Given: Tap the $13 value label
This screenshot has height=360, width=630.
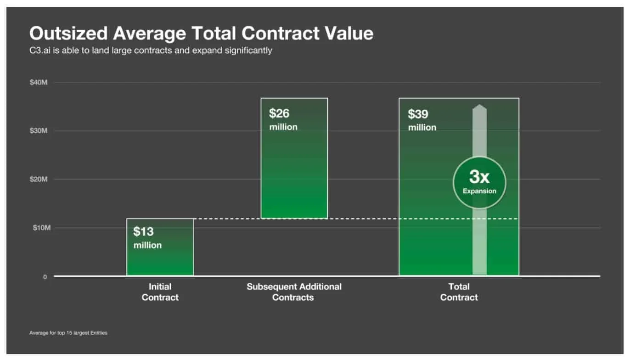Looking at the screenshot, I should click(144, 231).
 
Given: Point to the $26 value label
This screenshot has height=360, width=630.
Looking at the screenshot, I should click(279, 113).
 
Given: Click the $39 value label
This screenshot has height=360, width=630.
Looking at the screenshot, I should click(418, 114).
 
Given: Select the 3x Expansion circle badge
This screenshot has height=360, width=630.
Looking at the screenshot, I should click(479, 183).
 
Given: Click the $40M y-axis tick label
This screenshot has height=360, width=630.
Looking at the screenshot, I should click(39, 83).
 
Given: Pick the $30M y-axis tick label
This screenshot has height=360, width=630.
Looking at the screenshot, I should click(39, 131).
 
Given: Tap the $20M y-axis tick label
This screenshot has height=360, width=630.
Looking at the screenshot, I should click(39, 180).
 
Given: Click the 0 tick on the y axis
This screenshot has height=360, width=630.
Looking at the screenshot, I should click(45, 277).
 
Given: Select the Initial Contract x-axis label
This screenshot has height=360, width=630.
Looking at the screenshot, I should click(160, 292).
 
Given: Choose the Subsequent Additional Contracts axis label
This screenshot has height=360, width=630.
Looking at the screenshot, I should click(294, 292).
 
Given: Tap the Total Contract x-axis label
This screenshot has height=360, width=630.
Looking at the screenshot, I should click(459, 292).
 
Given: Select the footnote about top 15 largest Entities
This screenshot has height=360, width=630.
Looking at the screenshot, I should click(68, 332).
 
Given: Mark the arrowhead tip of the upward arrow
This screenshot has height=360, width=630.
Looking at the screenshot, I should click(479, 106).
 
